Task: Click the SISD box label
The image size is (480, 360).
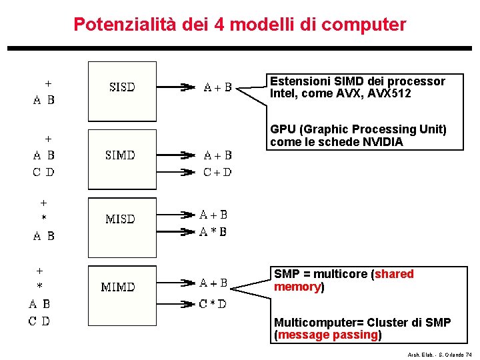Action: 122,87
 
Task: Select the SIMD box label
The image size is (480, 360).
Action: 121,155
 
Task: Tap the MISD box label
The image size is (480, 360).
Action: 121,219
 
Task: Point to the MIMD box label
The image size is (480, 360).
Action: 118,287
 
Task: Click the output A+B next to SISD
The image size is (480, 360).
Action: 217,87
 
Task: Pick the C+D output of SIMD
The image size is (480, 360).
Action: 217,172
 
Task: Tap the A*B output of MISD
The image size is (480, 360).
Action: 214,231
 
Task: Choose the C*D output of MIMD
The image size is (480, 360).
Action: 213,303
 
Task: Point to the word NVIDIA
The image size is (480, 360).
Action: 382,141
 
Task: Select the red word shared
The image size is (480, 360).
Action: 394,274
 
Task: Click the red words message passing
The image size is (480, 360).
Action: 328,335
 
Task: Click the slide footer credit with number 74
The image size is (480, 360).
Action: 439,355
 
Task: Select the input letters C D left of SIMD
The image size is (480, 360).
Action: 44,172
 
